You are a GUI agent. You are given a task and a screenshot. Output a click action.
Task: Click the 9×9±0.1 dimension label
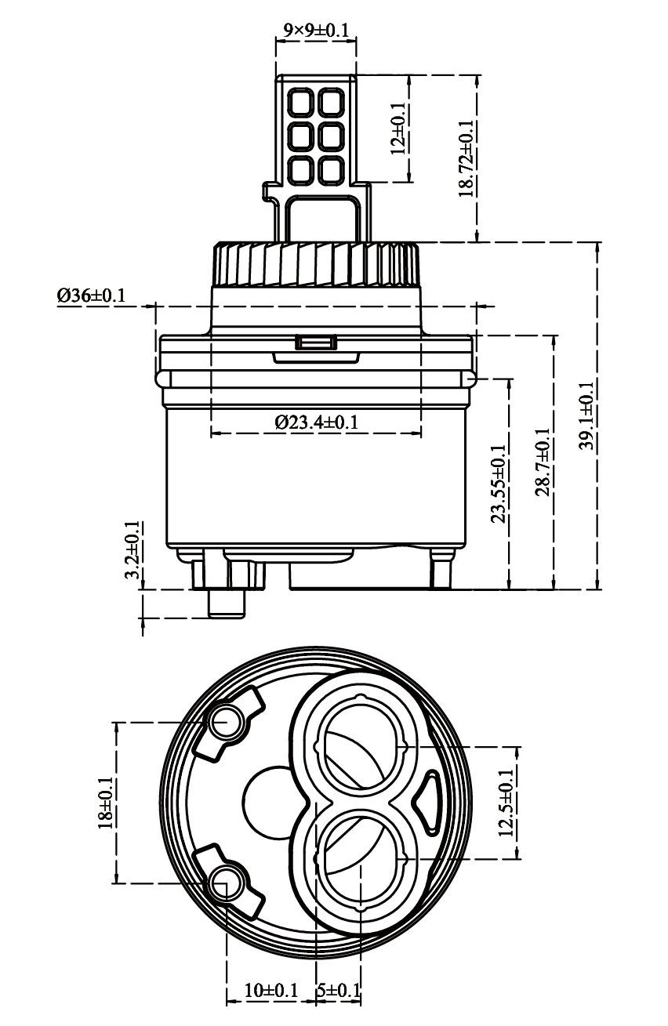[x=316, y=31]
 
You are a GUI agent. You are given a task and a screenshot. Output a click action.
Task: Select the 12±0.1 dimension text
[x=398, y=129]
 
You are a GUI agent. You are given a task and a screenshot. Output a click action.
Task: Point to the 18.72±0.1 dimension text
[x=466, y=158]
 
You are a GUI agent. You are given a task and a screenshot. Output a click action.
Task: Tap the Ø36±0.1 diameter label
[x=91, y=295]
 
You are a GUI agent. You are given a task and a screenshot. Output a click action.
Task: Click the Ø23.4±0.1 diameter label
[x=317, y=421]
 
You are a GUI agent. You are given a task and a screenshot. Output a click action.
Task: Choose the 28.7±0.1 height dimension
[x=543, y=461]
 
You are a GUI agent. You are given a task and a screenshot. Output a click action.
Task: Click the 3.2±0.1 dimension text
[x=133, y=549]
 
